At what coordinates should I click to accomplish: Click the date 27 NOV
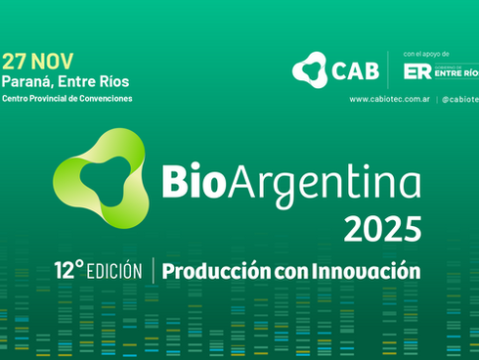37,61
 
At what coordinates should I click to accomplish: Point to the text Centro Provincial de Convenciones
67,98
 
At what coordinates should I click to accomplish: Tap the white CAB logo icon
310,68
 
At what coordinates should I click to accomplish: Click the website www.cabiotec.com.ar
390,99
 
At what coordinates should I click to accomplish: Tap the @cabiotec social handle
459,99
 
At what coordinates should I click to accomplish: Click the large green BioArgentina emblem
98,177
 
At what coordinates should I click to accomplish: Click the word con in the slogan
287,270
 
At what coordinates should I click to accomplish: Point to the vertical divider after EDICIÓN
154,270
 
